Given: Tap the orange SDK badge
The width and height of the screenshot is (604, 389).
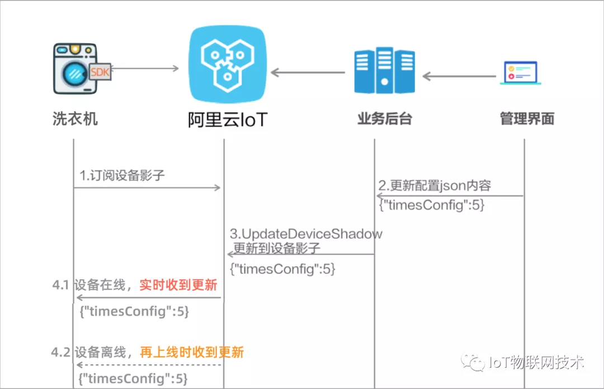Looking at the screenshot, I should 100,73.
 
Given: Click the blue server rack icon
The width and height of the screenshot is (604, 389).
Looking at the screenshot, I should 384,71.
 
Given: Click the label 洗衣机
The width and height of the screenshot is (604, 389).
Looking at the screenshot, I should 75,118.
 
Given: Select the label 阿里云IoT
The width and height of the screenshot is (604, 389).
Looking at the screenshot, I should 226,120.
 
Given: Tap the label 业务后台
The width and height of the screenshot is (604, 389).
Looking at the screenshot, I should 384,118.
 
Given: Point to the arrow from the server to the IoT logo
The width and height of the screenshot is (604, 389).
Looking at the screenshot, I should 308,72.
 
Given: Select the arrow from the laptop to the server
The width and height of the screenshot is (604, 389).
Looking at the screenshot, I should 459,75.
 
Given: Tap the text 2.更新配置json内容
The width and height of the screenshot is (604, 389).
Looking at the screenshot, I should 435,186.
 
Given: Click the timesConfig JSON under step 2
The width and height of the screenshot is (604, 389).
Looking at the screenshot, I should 432,205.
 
